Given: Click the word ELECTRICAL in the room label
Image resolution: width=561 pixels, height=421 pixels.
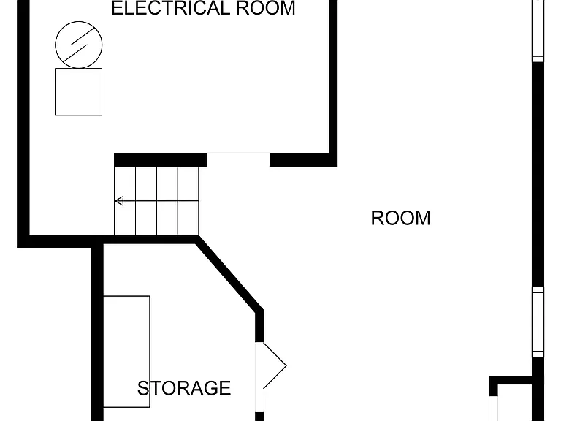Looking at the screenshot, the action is [x=170, y=8].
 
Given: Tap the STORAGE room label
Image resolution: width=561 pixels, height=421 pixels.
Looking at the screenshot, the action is [x=184, y=388].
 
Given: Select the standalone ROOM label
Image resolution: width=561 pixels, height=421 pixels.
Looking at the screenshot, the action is [x=400, y=218].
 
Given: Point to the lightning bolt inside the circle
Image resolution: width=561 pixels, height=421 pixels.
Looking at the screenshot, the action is [x=79, y=45].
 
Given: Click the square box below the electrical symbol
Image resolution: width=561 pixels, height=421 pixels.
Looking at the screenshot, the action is [x=78, y=92].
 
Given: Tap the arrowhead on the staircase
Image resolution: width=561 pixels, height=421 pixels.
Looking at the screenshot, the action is [x=119, y=201].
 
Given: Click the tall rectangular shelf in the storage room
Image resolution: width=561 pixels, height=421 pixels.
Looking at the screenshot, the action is [x=126, y=352].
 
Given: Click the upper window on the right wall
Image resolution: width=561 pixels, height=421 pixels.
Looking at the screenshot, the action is [x=538, y=31].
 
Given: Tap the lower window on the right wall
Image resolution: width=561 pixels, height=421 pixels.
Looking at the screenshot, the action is [x=538, y=322].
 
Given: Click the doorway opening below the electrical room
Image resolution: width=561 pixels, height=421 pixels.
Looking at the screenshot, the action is [x=238, y=159].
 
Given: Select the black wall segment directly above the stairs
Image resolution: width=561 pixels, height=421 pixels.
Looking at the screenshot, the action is [x=160, y=159].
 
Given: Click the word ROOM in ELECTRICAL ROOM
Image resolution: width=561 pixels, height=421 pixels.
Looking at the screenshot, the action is [x=265, y=8].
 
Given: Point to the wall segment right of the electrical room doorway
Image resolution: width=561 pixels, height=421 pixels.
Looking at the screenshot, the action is [x=303, y=159].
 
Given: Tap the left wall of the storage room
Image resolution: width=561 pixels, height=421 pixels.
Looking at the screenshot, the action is [x=97, y=331].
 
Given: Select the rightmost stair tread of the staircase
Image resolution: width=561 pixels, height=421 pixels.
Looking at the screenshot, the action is [x=188, y=201].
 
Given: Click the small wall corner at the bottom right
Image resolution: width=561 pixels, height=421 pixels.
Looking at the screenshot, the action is [x=494, y=386].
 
